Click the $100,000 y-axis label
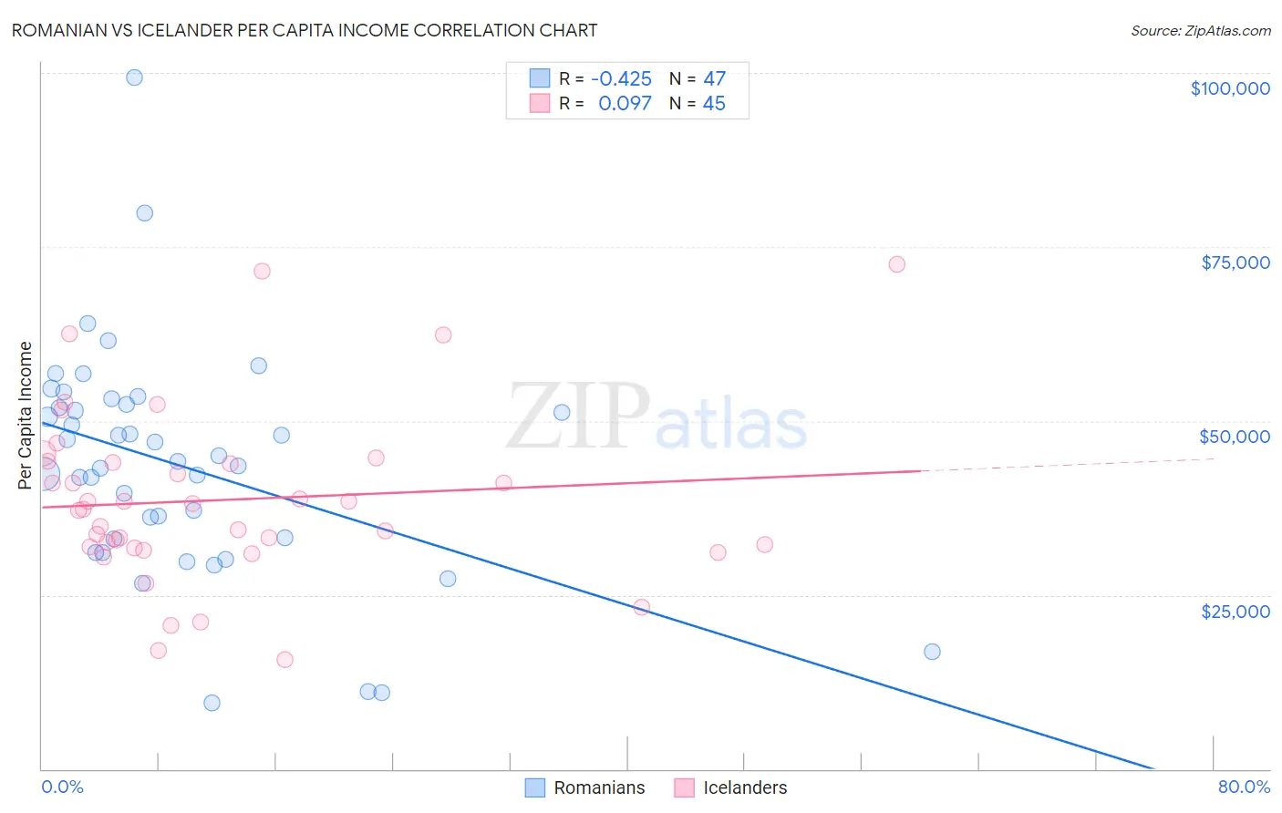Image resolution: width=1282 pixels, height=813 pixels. coord(1230,88)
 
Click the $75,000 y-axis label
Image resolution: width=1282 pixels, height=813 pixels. coord(1235,262)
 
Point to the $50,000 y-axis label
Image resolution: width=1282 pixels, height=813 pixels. coord(1234,437)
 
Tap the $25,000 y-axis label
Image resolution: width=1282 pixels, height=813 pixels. coord(1235,611)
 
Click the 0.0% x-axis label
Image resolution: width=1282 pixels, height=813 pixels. coord(62,787)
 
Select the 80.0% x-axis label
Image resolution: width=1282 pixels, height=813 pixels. coord(1244,787)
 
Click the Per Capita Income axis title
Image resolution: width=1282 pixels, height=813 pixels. coord(26,415)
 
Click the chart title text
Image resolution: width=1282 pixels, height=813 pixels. coord(305,30)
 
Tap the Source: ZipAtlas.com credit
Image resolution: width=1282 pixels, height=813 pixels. coord(1200,31)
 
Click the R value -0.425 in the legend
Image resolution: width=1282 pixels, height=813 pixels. coord(621,79)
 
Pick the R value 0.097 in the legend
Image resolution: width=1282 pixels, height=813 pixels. coord(625,104)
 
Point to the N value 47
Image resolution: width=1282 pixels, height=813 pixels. coord(714,79)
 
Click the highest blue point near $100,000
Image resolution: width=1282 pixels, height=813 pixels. coord(134,77)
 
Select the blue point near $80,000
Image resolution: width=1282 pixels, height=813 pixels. coord(144,213)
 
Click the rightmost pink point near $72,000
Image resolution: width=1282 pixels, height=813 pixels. coord(896,264)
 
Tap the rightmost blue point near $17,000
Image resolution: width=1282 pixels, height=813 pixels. coord(932,652)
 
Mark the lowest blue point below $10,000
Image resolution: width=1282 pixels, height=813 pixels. coord(212,703)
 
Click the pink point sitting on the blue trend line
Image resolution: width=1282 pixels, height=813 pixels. coord(641,607)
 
